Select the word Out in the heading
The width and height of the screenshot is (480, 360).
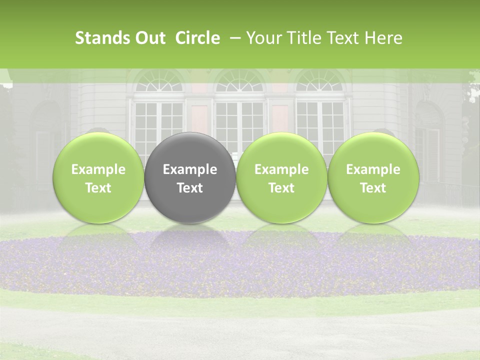148,38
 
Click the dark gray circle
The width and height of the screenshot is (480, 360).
190,177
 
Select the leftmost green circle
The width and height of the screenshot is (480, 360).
98,177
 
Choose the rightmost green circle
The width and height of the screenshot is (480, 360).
373,177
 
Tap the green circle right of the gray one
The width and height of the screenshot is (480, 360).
281,177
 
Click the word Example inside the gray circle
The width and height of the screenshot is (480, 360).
190,169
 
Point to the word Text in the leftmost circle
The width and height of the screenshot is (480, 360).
98,188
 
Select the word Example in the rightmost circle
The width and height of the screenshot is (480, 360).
373,169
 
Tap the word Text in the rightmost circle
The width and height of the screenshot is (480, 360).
373,188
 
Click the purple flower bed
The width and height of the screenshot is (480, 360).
240,265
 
